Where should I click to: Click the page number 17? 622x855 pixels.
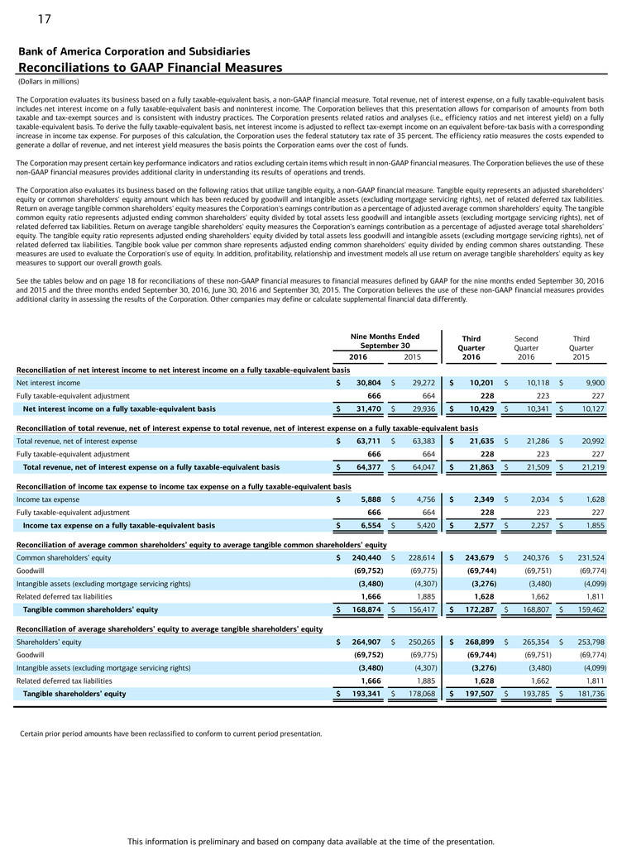point(44,18)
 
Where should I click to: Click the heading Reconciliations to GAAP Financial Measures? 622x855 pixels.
point(150,67)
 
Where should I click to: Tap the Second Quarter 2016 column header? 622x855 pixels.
point(526,347)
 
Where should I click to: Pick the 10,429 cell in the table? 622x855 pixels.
point(479,408)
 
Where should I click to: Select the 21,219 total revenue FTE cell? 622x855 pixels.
point(591,467)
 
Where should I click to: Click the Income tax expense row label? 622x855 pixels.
point(48,499)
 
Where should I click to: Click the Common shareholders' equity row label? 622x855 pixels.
point(68,558)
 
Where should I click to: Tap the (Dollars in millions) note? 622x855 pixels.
point(48,81)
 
